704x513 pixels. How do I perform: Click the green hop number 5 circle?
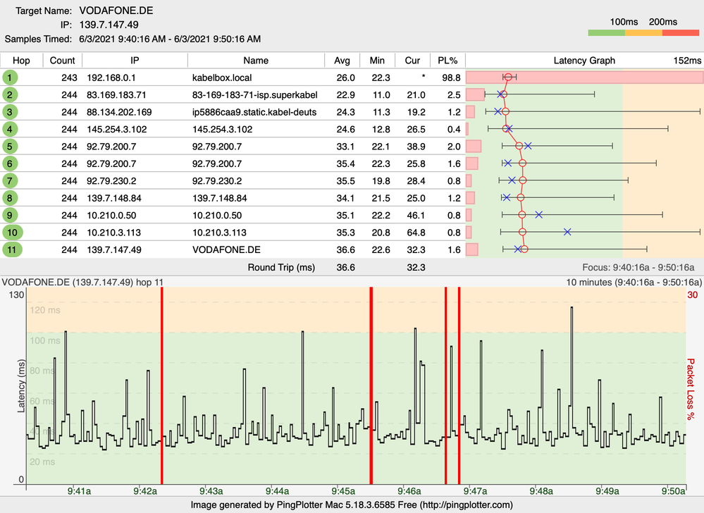click(x=11, y=146)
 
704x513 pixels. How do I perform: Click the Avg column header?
click(x=342, y=60)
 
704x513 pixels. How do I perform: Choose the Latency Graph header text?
click(x=584, y=61)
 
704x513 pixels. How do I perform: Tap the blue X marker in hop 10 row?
click(x=567, y=232)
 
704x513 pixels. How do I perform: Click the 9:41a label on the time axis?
click(x=78, y=490)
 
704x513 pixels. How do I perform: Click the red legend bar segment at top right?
click(x=681, y=33)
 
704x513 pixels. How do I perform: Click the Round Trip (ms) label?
click(x=280, y=268)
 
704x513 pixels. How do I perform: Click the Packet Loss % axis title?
click(x=692, y=388)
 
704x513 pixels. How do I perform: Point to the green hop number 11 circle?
click(x=12, y=249)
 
